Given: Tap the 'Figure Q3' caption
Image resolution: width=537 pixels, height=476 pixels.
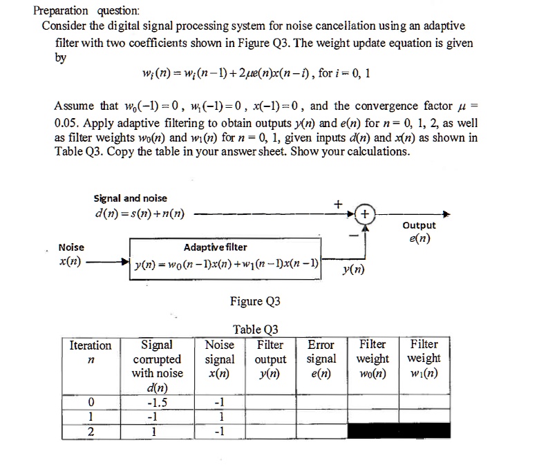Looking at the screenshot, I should coord(255,301).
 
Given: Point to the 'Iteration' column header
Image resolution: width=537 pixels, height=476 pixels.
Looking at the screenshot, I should coord(91,345).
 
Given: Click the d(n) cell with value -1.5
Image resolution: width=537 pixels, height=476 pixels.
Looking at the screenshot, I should coord(158,403).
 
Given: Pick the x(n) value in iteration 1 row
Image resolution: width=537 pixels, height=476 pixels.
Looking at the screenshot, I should coord(220,418).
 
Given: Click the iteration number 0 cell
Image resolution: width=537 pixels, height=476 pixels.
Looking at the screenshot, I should coord(91,403).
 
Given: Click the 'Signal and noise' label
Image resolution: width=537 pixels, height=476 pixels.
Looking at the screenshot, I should coord(131,198).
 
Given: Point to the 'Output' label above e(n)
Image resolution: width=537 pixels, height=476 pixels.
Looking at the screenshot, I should coord(419,226).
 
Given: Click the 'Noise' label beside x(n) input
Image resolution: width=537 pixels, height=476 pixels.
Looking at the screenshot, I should coord(72,247).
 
